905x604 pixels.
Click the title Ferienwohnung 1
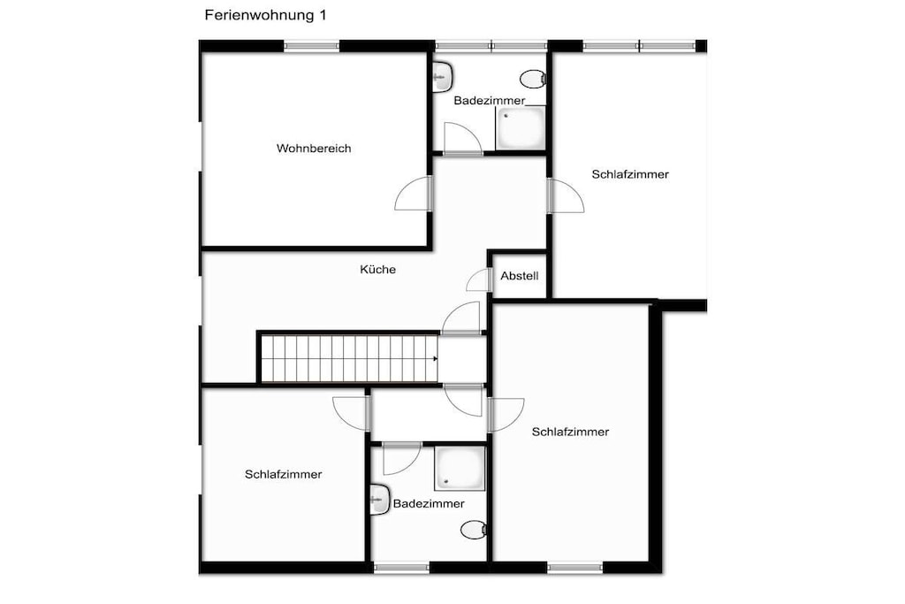265,15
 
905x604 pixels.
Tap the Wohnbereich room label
314,149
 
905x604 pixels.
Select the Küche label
378,269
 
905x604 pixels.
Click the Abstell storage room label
520,276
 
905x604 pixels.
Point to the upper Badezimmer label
490,101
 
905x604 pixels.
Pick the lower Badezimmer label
429,503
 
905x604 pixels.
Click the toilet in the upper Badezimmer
533,78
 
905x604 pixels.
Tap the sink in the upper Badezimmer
442,77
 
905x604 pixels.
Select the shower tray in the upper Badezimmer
521,127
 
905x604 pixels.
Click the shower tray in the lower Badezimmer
460,468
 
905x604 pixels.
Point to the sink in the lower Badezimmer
380,500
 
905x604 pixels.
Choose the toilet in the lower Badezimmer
474,530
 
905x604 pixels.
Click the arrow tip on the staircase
437,358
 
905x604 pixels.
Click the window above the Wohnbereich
312,46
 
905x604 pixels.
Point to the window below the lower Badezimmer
401,568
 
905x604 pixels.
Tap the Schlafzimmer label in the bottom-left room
284,475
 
